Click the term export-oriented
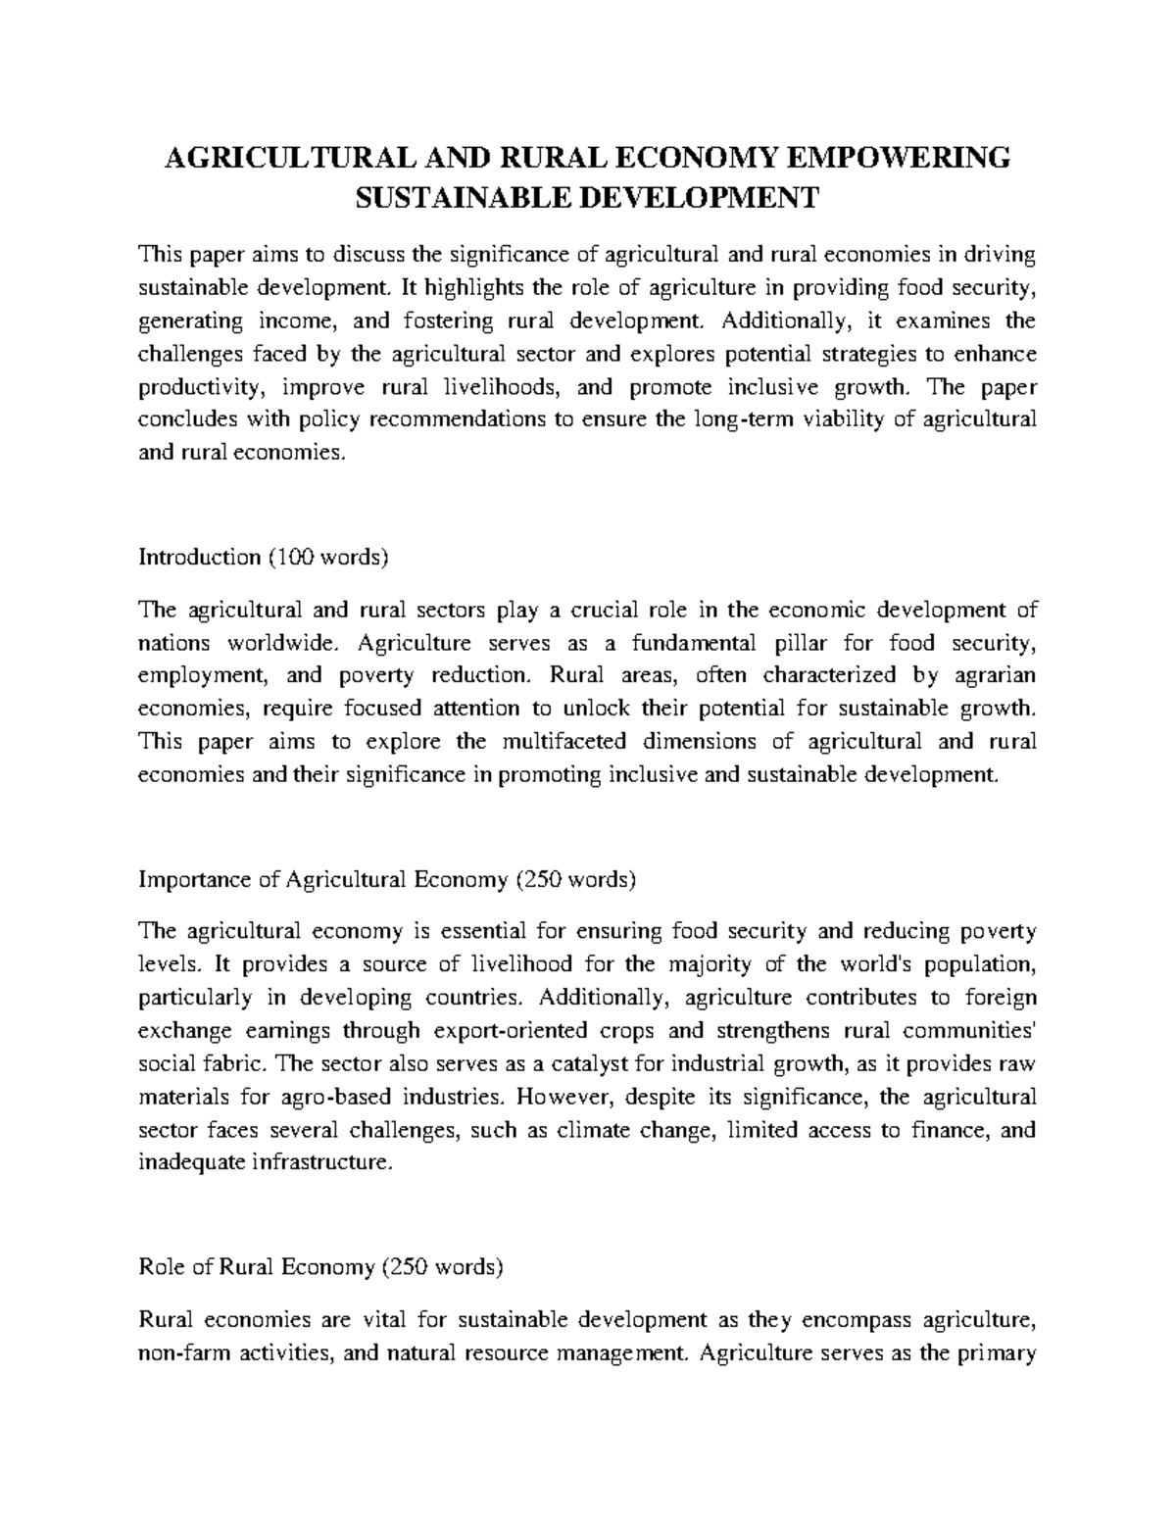(510, 1031)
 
